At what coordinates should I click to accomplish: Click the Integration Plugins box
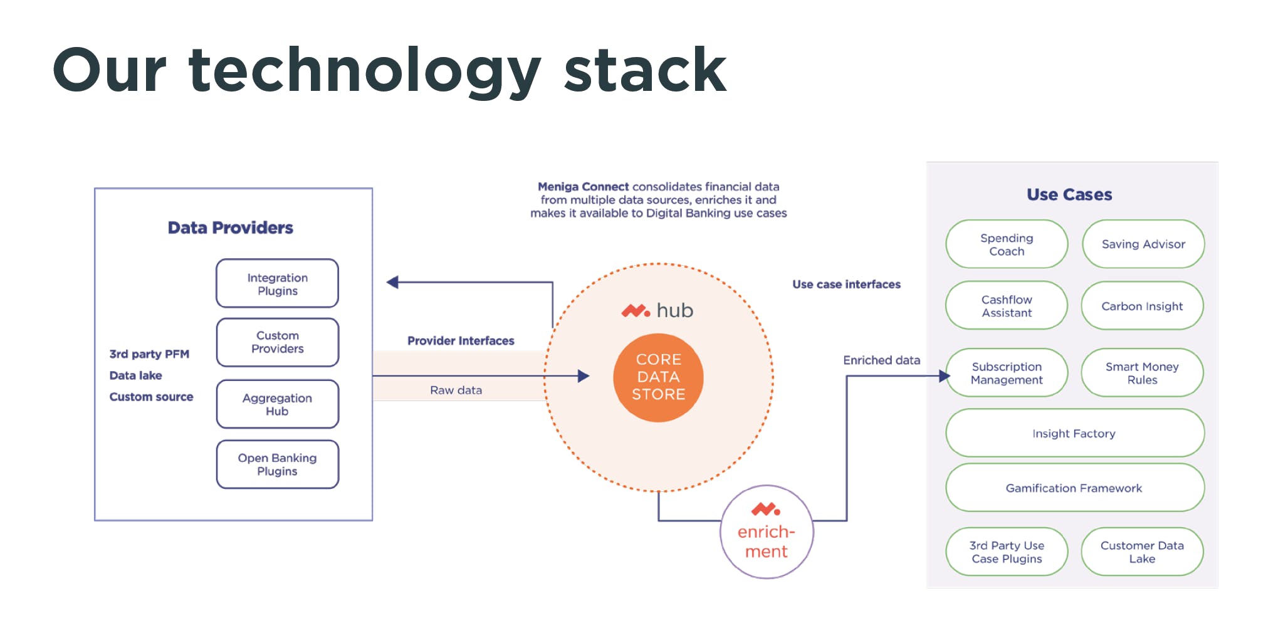pos(277,283)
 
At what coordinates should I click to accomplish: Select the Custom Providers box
pos(277,342)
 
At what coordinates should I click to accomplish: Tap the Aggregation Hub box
pos(277,404)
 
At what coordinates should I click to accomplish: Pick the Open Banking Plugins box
pos(277,464)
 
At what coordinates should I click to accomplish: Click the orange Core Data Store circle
pos(658,377)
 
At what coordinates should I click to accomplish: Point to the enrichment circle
pos(766,532)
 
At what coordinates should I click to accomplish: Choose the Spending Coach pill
pos(1007,244)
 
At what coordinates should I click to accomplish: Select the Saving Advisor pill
pos(1143,244)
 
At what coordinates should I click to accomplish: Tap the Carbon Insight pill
pos(1142,306)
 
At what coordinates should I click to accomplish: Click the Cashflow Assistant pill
pos(1007,306)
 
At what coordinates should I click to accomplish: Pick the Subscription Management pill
pos(1007,373)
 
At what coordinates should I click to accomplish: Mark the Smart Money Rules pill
pos(1142,373)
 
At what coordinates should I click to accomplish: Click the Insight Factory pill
pos(1074,433)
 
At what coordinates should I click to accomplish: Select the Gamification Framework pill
pos(1074,488)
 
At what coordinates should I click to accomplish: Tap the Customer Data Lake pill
pos(1142,552)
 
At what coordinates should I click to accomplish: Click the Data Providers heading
pos(230,228)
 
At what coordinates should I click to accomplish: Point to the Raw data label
pos(456,390)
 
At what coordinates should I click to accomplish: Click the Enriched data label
pos(881,360)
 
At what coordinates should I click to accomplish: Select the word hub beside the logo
pos(674,310)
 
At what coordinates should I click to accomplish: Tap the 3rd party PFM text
pos(149,354)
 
